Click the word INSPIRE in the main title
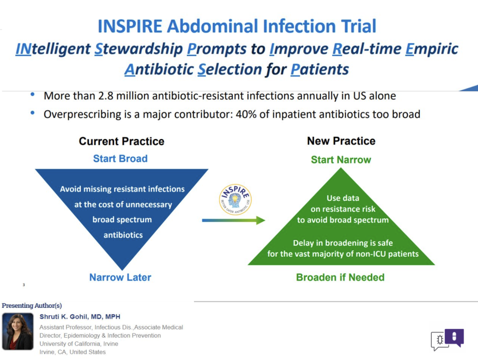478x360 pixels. [130, 26]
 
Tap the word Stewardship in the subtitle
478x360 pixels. [139, 49]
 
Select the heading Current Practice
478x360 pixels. [121, 142]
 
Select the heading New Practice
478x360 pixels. [341, 141]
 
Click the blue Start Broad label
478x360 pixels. [120, 159]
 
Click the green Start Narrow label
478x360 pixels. [341, 160]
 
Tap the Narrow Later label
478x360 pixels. [120, 277]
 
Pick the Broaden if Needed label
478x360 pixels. [340, 277]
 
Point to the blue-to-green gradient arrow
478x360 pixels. [234, 220]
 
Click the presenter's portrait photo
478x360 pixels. [18, 331]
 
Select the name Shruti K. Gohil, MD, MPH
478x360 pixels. [80, 316]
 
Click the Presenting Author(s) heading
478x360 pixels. [32, 305]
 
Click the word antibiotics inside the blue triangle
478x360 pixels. [123, 235]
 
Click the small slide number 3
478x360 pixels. [24, 285]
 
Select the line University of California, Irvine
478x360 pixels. [79, 344]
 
